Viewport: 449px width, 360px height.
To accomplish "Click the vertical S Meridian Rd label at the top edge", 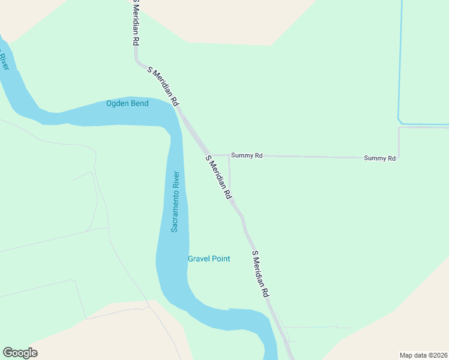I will pos(136,22).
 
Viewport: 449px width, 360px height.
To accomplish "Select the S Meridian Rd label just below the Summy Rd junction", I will pos(218,178).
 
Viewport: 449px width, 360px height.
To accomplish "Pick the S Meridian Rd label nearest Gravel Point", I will pos(260,274).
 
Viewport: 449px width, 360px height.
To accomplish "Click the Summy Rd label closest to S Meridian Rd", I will pos(247,155).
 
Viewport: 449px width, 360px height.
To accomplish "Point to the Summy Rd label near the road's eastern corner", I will pos(379,158).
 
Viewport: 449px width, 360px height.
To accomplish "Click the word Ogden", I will pos(118,103).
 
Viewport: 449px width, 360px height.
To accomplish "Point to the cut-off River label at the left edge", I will pos(4,61).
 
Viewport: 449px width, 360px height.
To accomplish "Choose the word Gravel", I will pos(199,259).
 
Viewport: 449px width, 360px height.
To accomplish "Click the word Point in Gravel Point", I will pos(220,259).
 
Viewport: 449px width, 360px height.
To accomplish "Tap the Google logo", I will pos(20,353).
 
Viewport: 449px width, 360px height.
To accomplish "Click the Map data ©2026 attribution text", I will pos(424,355).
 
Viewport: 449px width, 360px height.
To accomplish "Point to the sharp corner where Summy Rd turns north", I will pos(399,157).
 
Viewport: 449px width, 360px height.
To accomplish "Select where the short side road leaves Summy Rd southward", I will pos(229,155).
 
